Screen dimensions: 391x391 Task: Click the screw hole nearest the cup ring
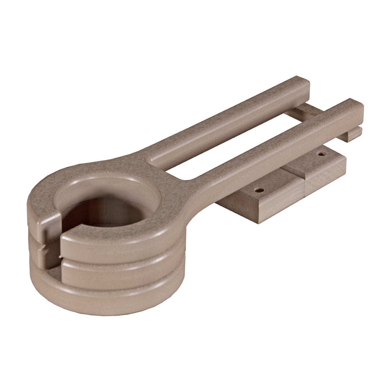tap(259, 189)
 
